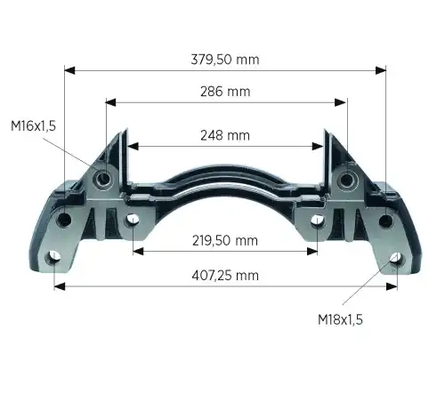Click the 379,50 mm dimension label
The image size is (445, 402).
(225, 60)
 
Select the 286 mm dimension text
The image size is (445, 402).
(225, 92)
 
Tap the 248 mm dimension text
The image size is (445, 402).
(225, 135)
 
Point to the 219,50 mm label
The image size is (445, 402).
(225, 240)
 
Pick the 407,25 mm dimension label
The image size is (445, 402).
(225, 276)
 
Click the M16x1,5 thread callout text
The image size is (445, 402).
(33, 126)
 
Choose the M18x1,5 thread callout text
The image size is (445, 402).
(340, 320)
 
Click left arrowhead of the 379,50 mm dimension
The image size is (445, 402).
(69, 70)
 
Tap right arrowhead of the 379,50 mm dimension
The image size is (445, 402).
(381, 70)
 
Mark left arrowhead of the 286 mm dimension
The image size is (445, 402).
(111, 102)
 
